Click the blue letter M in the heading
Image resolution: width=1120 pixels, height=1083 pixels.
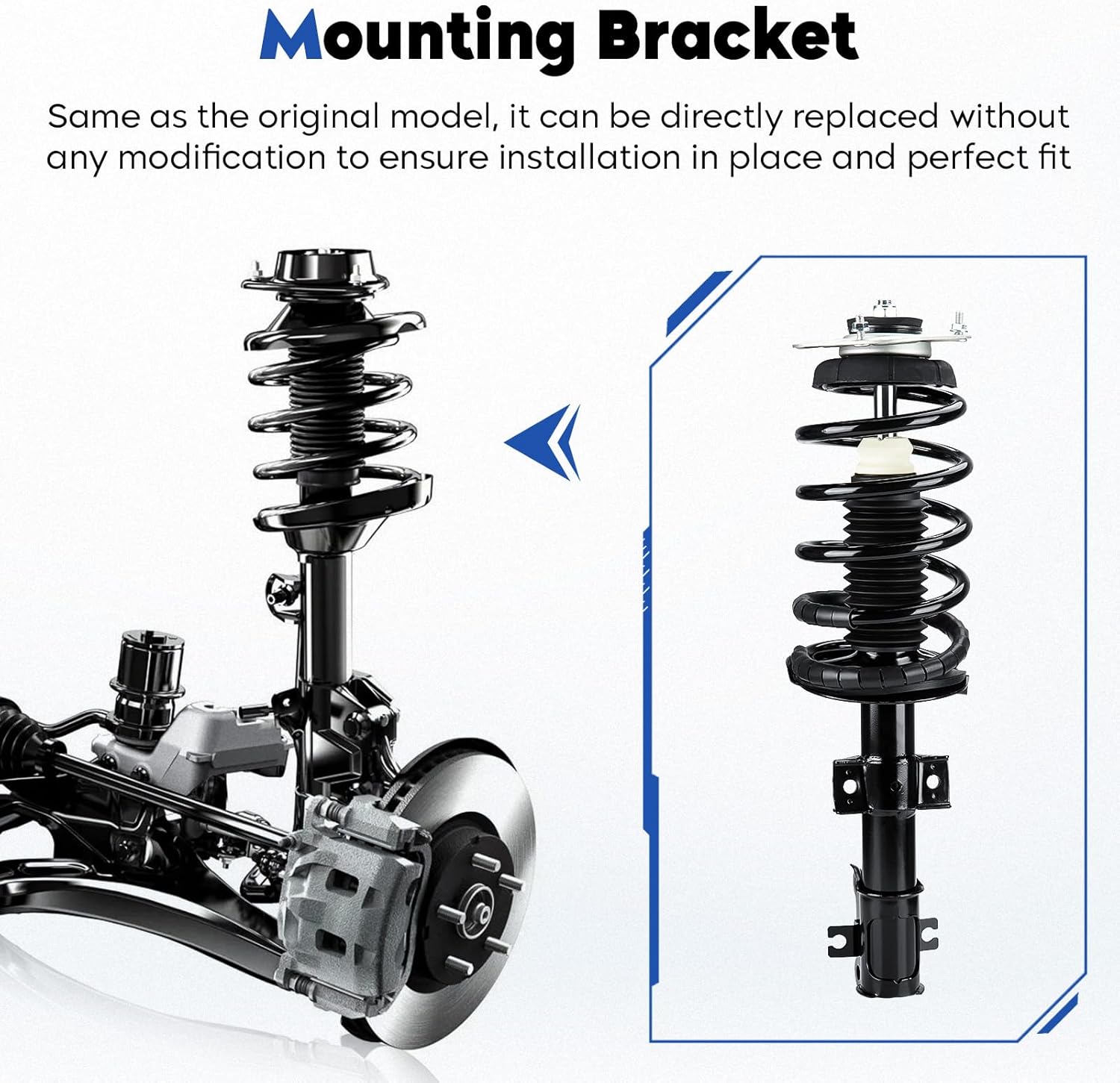coord(291,37)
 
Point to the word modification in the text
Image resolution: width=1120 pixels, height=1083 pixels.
coord(222,158)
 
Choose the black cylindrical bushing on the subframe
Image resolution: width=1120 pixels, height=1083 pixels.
coord(147,664)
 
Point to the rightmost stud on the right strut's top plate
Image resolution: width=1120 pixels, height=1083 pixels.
coord(957,324)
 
